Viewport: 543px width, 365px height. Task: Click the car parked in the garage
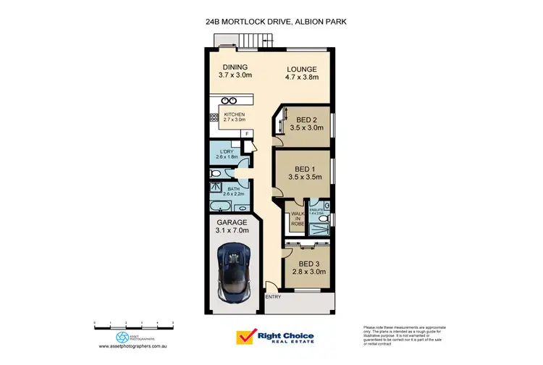point(235,272)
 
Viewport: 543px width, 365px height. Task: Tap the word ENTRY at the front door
point(273,297)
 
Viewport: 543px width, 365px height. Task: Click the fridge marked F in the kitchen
point(246,134)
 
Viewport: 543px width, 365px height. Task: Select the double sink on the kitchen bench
point(230,101)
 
